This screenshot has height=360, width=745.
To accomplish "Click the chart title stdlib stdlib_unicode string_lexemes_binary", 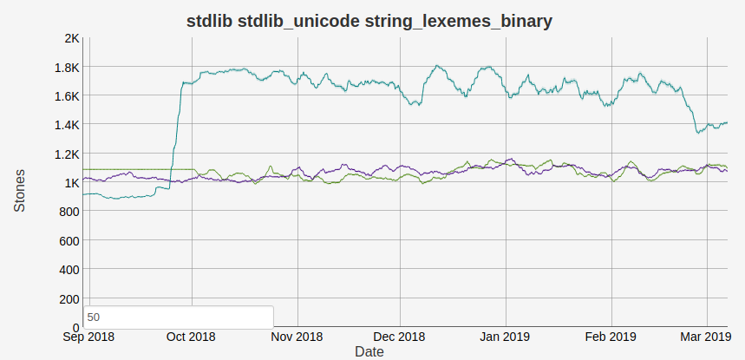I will click(369, 22).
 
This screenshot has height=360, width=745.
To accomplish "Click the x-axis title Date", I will click(369, 352).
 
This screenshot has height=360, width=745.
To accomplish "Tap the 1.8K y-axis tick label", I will click(66, 67).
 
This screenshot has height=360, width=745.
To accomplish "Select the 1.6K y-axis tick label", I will click(66, 95).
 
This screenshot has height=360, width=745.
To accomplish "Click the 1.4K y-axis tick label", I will click(66, 125).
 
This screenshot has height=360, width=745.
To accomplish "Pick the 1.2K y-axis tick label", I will click(66, 154).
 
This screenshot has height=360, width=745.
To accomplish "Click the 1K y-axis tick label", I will click(71, 182).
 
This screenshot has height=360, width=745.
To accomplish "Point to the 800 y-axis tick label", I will click(69, 212).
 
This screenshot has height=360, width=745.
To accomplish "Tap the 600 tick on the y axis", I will click(69, 240).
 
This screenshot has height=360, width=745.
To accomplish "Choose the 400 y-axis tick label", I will click(69, 270).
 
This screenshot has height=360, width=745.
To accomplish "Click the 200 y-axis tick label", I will click(69, 298).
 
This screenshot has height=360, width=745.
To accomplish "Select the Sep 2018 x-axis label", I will click(89, 337).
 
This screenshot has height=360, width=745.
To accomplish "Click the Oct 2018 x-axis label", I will click(191, 337).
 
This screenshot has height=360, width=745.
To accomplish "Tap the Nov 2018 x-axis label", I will click(297, 337).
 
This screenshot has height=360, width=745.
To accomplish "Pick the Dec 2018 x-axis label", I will click(399, 337).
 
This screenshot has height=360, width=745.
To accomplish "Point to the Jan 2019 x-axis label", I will click(505, 337).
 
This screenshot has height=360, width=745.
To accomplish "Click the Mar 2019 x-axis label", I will click(704, 337).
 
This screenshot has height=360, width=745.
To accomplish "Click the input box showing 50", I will click(178, 317).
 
